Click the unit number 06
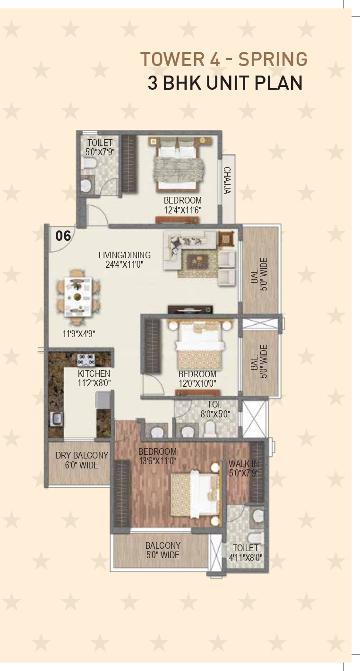(x=63, y=236)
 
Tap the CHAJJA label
(x=227, y=180)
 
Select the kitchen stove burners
(x=86, y=360)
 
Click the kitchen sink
(x=56, y=418)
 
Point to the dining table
(x=78, y=297)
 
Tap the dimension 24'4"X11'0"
(x=124, y=264)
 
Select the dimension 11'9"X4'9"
(x=79, y=334)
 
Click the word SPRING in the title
(x=273, y=59)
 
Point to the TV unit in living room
(x=190, y=309)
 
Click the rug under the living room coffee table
(x=197, y=263)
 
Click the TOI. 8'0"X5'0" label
(x=215, y=409)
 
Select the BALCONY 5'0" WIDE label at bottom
(x=163, y=550)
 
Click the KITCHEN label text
(x=94, y=374)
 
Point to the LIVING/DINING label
(x=125, y=255)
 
